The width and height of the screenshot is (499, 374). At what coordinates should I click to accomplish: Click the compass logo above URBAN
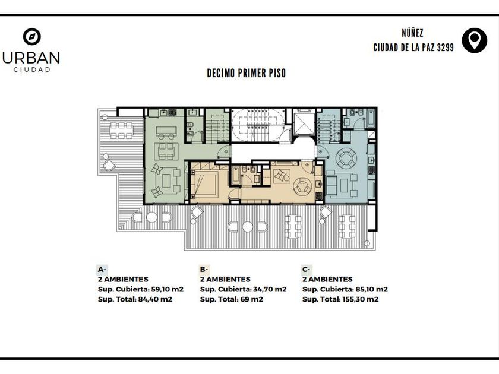[32, 37]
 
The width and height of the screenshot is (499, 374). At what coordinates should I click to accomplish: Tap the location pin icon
[474, 40]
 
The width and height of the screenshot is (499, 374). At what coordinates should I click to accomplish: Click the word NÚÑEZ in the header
[412, 33]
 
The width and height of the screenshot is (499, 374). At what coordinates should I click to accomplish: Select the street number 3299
[445, 47]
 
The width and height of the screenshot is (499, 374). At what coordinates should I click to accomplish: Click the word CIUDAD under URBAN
[32, 69]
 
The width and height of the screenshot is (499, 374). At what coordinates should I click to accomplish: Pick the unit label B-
[204, 270]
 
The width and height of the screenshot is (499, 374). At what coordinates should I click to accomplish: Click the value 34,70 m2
[270, 289]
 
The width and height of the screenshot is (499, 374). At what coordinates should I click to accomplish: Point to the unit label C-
[306, 270]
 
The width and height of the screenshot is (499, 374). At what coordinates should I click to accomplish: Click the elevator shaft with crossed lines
[304, 123]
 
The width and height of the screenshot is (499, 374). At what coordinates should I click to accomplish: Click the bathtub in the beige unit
[236, 175]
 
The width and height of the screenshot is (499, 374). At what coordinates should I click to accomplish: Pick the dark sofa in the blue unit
[331, 183]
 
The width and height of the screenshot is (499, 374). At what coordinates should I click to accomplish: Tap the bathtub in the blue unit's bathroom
[371, 118]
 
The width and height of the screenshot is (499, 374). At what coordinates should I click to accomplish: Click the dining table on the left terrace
[121, 131]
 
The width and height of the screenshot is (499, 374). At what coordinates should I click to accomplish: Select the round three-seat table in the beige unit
[302, 186]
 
